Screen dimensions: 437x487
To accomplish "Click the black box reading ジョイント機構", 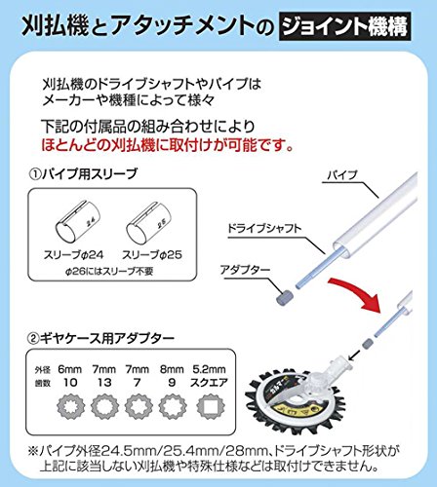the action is click(x=344, y=26).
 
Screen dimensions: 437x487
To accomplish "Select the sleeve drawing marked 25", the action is click(x=149, y=223).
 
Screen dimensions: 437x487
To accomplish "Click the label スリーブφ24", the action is click(x=73, y=254).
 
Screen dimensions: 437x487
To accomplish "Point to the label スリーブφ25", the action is click(x=152, y=255).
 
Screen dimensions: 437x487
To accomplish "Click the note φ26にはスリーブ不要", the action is click(x=109, y=271).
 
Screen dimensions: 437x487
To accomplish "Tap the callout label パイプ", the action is click(x=342, y=175).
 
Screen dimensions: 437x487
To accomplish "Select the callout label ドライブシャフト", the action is click(x=264, y=229).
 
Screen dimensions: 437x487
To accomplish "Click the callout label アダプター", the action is click(x=245, y=270).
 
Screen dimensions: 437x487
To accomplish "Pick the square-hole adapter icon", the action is click(x=211, y=406).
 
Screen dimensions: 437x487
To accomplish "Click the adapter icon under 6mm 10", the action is click(x=70, y=406).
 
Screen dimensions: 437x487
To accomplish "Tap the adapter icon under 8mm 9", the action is click(x=173, y=406).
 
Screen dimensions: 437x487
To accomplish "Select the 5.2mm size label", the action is click(x=209, y=369).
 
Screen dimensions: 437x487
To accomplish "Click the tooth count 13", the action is click(x=104, y=383).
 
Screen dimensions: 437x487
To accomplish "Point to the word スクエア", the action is click(x=209, y=383).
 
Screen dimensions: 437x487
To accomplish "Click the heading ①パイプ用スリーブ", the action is click(x=83, y=174).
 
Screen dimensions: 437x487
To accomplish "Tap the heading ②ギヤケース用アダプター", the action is click(x=100, y=339).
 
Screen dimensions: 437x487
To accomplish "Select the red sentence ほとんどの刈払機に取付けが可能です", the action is click(x=168, y=145).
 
